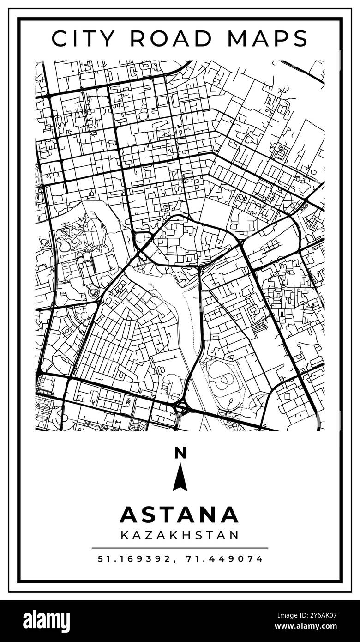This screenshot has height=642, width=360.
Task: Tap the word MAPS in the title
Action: click(267, 38)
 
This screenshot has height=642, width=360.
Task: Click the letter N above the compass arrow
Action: click(180, 453)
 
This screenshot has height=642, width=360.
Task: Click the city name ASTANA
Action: click(180, 515)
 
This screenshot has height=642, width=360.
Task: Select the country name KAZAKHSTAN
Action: click(180, 535)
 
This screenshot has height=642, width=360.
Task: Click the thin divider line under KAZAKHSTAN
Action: click(180, 548)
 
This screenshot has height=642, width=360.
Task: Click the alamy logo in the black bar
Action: click(46, 621)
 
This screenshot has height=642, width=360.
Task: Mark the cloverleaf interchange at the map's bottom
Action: click(181, 408)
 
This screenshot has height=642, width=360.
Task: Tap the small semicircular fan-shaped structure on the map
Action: click(95, 293)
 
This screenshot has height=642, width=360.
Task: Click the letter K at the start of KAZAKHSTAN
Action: click(124, 535)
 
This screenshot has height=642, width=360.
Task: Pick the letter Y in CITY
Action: click(112, 38)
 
